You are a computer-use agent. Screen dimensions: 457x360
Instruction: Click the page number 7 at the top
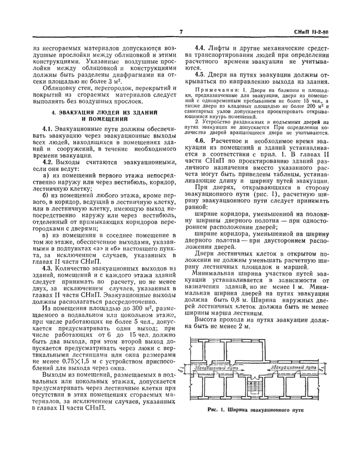click(x=182, y=32)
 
